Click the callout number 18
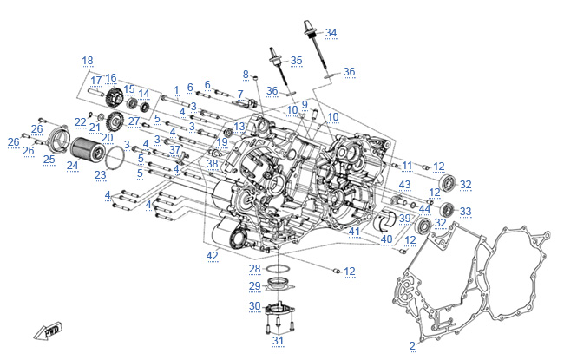click(x=87, y=60)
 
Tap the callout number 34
click(x=331, y=33)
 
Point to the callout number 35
click(x=297, y=61)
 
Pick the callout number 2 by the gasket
click(x=412, y=345)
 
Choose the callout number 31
click(x=278, y=340)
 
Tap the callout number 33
click(x=466, y=211)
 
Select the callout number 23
click(x=100, y=174)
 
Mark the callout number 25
click(x=49, y=159)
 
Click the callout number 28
click(x=255, y=268)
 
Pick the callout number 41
click(x=354, y=232)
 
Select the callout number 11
click(x=407, y=165)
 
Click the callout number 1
click(x=176, y=89)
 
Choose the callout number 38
click(x=213, y=163)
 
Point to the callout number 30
click(x=254, y=305)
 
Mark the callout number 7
click(x=239, y=94)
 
